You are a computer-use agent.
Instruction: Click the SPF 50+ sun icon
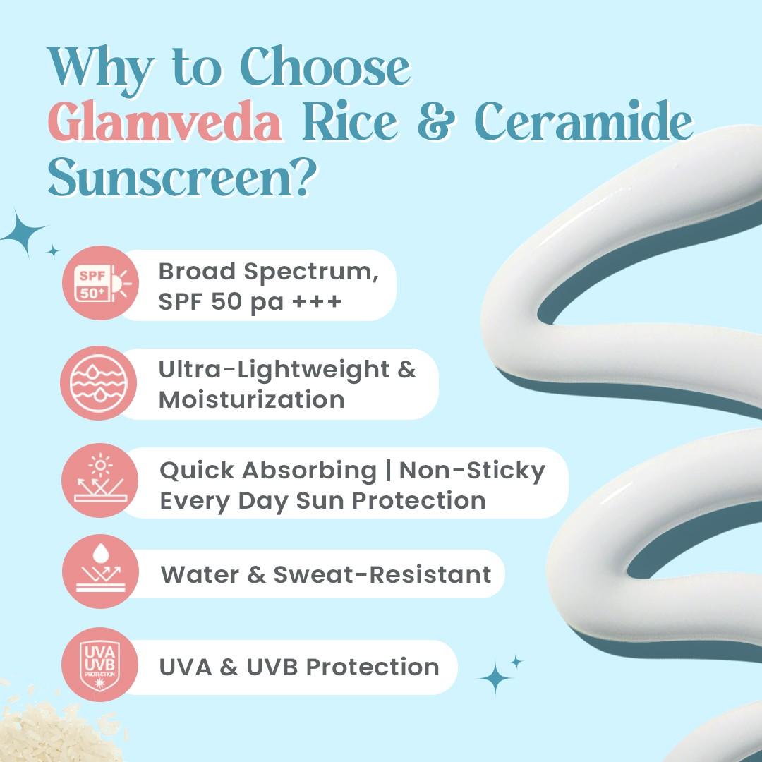point(99,283)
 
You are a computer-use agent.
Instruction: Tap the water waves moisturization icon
point(99,383)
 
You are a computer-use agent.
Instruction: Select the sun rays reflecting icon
point(99,480)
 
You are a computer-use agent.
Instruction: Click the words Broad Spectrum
point(268,271)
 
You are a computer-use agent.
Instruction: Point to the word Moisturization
point(252,399)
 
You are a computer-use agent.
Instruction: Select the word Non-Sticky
point(472,470)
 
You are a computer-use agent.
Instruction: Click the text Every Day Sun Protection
point(322,500)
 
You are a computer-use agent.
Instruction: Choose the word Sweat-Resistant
point(382,574)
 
